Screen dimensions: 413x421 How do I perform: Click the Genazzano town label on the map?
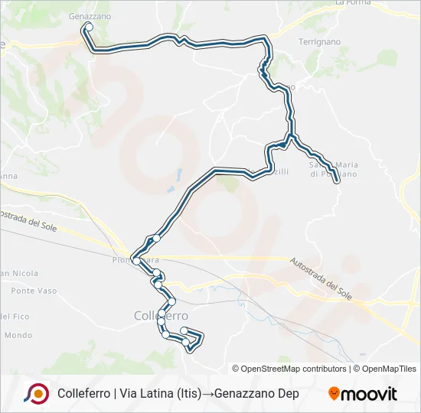[x=90, y=15]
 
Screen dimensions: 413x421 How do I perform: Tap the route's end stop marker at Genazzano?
[x=89, y=27]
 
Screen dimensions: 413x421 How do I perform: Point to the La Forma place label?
[x=353, y=3]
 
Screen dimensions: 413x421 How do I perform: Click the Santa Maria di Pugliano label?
[x=333, y=169]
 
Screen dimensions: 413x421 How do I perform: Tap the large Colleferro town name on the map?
[x=161, y=315]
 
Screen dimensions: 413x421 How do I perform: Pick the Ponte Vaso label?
[x=34, y=291]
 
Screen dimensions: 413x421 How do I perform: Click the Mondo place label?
[x=18, y=335]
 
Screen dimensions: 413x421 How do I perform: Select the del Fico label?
[x=15, y=316]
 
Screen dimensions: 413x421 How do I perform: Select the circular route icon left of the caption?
[x=36, y=393]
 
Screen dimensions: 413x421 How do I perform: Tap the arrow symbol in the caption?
[x=208, y=394]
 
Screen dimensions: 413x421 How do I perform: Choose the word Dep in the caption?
[x=288, y=394]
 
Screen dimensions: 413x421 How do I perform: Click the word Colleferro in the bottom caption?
[x=83, y=394]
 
